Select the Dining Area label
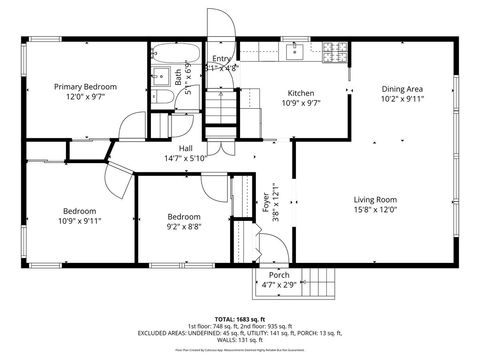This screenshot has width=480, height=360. click(x=402, y=88)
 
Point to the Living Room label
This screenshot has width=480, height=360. click(x=375, y=199)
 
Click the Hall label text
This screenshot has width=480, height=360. click(x=185, y=147)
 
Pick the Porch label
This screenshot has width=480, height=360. click(x=279, y=275)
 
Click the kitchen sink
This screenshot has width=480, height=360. click(x=296, y=50)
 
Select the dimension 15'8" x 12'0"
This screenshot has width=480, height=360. click(x=375, y=210)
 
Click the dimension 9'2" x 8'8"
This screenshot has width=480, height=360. click(x=183, y=228)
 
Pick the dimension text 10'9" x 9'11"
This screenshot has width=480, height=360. click(x=80, y=221)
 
